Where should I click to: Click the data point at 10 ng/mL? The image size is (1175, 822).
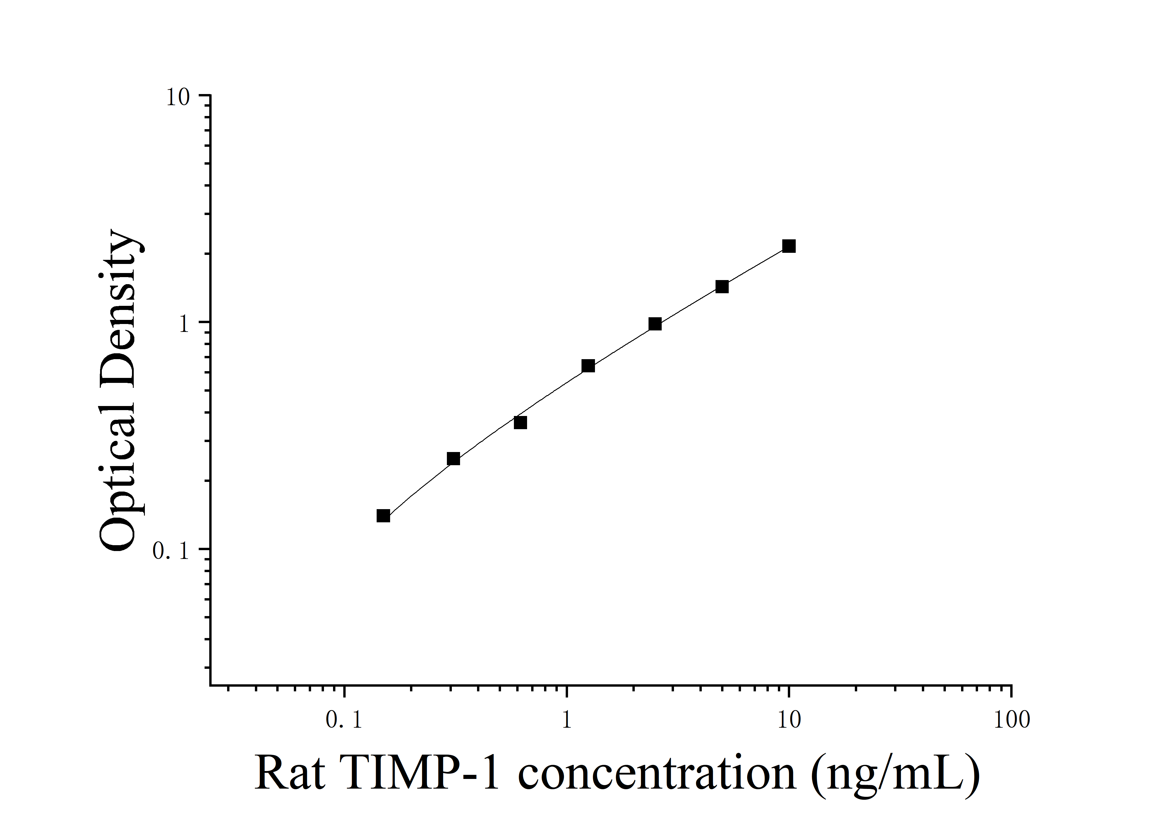[789, 246]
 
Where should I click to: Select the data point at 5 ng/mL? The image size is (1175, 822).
[722, 286]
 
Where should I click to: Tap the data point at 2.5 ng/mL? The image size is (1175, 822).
[655, 324]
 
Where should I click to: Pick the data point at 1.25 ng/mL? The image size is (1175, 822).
[588, 366]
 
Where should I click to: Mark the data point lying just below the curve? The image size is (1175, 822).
[520, 422]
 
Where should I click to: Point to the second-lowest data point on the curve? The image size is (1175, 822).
[453, 458]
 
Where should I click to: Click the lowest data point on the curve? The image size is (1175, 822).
[383, 516]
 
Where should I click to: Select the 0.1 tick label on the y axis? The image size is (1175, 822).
[171, 551]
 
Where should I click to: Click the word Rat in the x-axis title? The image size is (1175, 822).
[289, 773]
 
